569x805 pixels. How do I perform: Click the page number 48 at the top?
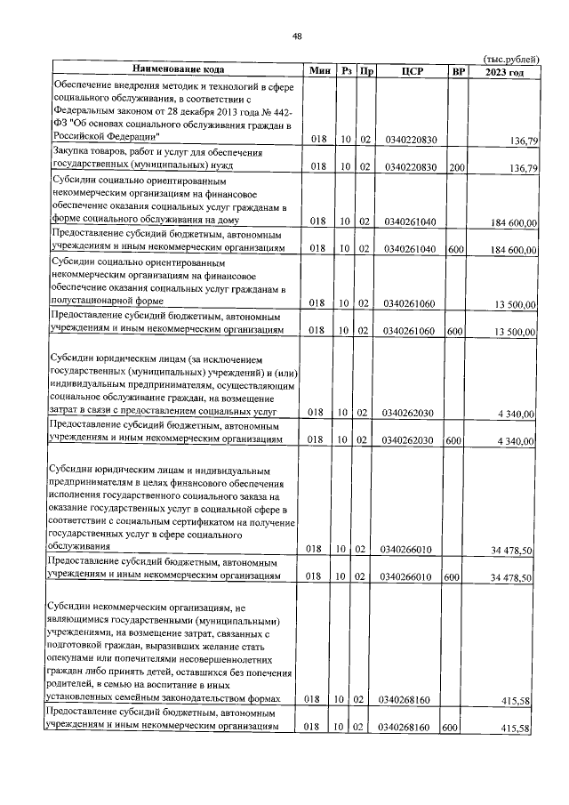[297, 36]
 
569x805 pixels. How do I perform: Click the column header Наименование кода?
[178, 70]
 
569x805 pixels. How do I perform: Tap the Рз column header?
[347, 70]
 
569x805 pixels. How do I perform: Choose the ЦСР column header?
[410, 70]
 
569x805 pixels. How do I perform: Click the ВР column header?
[458, 70]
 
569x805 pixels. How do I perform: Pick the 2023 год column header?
[504, 70]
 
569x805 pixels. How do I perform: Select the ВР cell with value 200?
[456, 166]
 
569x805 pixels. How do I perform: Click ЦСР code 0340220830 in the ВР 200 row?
[411, 166]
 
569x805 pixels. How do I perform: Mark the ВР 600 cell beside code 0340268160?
[455, 729]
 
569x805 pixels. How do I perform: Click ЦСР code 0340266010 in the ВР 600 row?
[411, 576]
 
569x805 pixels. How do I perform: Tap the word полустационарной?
[95, 302]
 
